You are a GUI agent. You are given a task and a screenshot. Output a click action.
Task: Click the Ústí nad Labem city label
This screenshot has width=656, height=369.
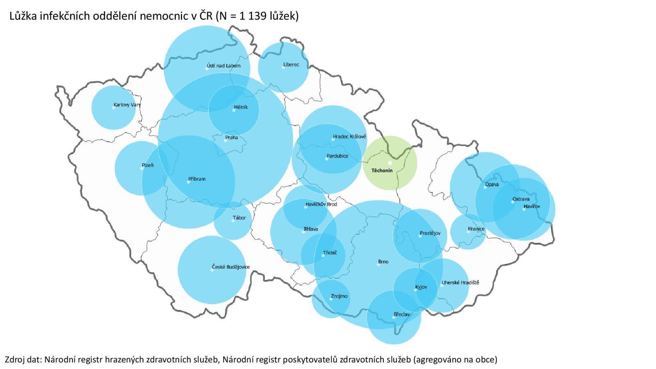tap(224, 66)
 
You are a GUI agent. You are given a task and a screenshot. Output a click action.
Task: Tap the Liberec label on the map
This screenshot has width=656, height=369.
tap(292, 64)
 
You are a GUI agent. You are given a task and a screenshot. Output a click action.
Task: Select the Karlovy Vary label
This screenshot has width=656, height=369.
tap(127, 105)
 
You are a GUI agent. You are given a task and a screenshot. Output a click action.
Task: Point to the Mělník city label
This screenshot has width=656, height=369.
tap(241, 107)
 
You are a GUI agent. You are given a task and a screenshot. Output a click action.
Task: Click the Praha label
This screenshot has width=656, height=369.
tap(231, 137)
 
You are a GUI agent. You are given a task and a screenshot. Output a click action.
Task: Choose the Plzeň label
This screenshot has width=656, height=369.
tap(148, 165)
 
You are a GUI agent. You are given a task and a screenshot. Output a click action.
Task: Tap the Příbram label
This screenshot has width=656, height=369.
tap(197, 179)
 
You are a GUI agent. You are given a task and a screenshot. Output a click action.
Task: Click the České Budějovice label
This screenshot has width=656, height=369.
tap(230, 267)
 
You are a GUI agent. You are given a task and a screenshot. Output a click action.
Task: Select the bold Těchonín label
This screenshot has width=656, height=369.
tap(382, 171)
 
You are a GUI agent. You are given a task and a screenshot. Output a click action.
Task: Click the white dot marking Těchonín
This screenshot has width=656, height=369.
tap(390, 163)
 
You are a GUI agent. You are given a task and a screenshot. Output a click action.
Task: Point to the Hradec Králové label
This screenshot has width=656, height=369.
tap(349, 137)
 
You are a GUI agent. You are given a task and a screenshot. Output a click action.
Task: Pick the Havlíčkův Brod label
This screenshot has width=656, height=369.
tap(321, 204)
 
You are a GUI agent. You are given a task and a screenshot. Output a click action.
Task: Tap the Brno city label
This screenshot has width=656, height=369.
tap(383, 262)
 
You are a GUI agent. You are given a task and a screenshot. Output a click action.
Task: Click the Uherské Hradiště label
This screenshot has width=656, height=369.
tap(460, 282)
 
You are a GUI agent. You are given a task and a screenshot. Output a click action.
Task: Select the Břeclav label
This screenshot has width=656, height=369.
tap(401, 314)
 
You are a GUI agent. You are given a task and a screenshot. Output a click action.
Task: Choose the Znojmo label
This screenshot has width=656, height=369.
tap(339, 296)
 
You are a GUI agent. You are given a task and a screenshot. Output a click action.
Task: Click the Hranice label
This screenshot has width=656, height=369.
tap(476, 229)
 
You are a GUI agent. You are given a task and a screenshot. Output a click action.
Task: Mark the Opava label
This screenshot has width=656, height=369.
tap(492, 184)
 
